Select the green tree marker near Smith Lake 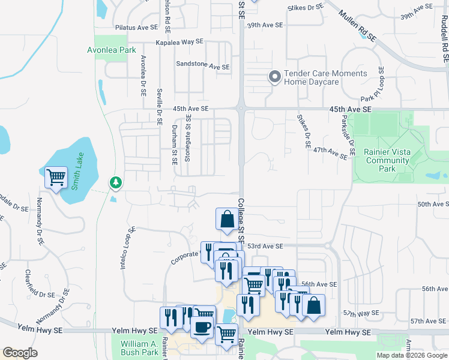pos(115,182)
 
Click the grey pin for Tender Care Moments pos(275,77)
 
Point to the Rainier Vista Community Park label pos(388,160)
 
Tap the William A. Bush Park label pos(139,348)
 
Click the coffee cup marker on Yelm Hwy pos(201,328)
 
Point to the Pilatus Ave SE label pos(136,28)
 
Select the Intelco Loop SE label pos(127,248)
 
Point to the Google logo pos(20,353)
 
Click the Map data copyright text pos(412,355)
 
